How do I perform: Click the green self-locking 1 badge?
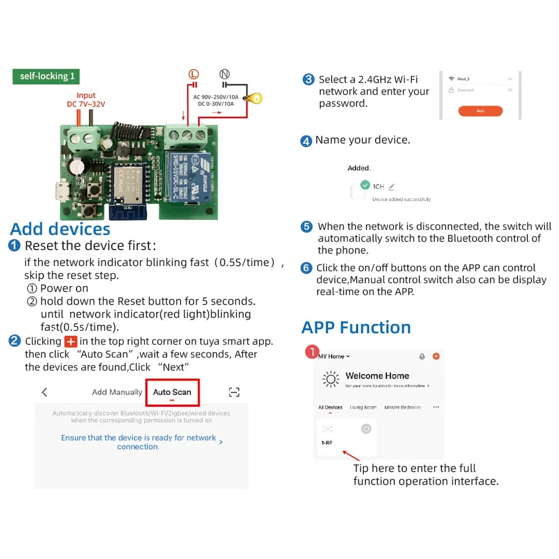point(46,77)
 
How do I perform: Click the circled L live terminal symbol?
point(193,74)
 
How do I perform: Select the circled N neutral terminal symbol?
point(225,74)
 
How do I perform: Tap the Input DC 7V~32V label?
point(86,100)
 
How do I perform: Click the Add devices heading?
point(60,229)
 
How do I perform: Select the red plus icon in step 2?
point(71,341)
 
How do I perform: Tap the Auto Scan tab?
point(172,392)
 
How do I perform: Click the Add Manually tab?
point(117,392)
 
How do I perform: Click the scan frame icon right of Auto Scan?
point(234,392)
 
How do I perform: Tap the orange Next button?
point(480,111)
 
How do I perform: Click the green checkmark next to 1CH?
point(365,184)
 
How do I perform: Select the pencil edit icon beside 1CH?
point(391,187)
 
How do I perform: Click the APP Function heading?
point(356,327)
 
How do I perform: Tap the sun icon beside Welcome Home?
point(331,380)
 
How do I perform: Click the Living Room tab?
point(363,408)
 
